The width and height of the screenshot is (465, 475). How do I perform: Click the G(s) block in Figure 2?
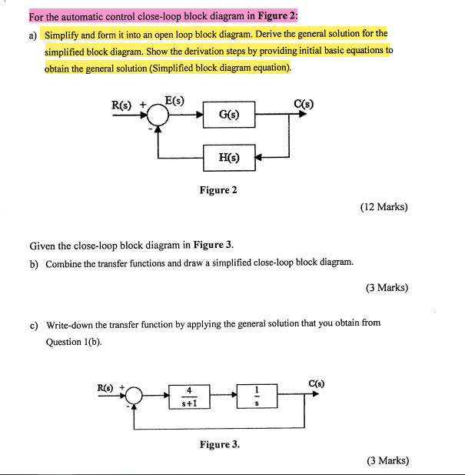click(229, 116)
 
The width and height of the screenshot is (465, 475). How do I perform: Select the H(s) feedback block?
click(229, 158)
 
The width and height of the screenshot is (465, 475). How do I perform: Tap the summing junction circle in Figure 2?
click(158, 116)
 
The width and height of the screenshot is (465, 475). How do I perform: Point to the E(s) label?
click(174, 98)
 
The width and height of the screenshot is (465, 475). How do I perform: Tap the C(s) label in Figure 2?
click(304, 104)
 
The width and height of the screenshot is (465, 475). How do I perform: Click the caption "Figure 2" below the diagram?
click(218, 190)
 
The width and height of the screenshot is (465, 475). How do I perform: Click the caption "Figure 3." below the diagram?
click(220, 444)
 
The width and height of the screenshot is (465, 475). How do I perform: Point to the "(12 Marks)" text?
click(384, 207)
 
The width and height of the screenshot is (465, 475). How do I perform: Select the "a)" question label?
click(33, 35)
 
